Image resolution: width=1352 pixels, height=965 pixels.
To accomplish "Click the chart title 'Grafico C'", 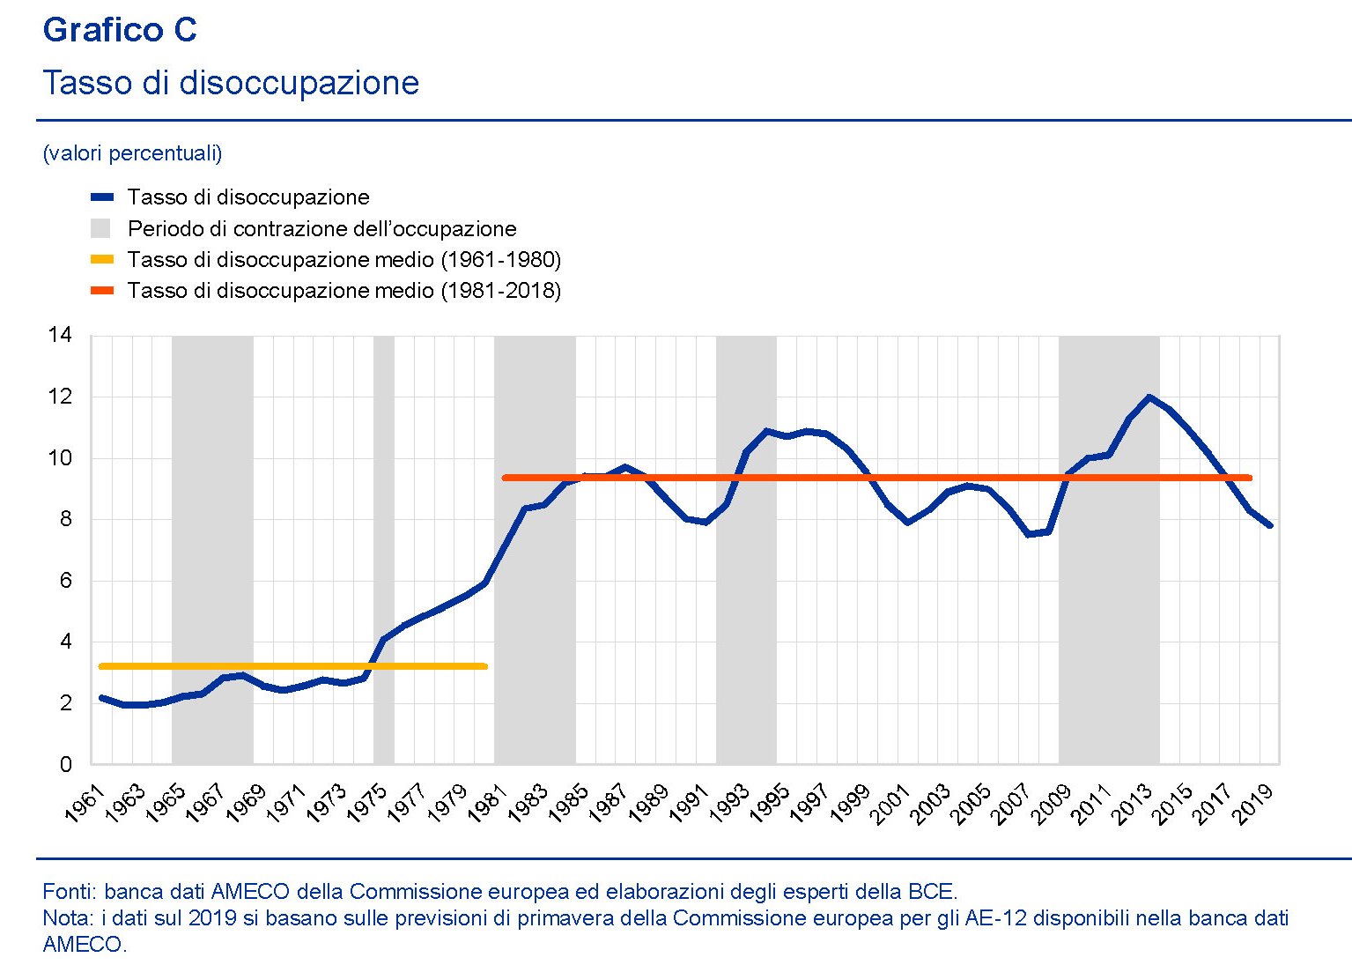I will (x=120, y=31).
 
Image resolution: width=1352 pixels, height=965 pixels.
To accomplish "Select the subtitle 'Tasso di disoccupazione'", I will (x=231, y=83).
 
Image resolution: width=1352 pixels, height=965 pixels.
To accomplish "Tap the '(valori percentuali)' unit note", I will (x=132, y=153).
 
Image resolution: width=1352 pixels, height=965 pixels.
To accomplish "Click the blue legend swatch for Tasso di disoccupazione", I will (x=102, y=197).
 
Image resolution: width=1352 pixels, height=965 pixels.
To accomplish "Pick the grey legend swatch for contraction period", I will (x=101, y=229).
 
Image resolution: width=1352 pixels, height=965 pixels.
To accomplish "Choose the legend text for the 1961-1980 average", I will (x=344, y=260).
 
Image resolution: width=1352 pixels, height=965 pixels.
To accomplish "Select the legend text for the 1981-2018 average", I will (x=344, y=291).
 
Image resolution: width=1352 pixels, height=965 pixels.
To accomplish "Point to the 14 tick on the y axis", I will (x=60, y=335).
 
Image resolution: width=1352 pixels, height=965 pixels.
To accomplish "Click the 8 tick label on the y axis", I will (x=65, y=519).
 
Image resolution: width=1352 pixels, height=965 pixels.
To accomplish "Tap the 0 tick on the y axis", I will (x=65, y=765).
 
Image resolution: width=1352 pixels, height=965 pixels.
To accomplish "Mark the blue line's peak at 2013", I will (x=1149, y=397).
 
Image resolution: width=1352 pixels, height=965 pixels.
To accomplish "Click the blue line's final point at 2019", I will (x=1269, y=525).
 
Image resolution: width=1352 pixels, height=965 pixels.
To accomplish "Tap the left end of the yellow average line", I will (x=102, y=666).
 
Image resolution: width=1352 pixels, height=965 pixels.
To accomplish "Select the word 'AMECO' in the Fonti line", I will (x=247, y=892).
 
